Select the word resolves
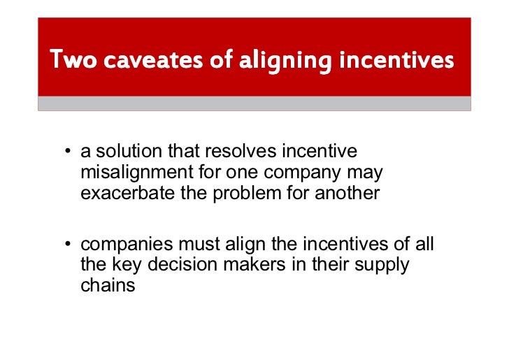click(x=243, y=152)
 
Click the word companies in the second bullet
click(x=127, y=245)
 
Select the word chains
click(x=108, y=286)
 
